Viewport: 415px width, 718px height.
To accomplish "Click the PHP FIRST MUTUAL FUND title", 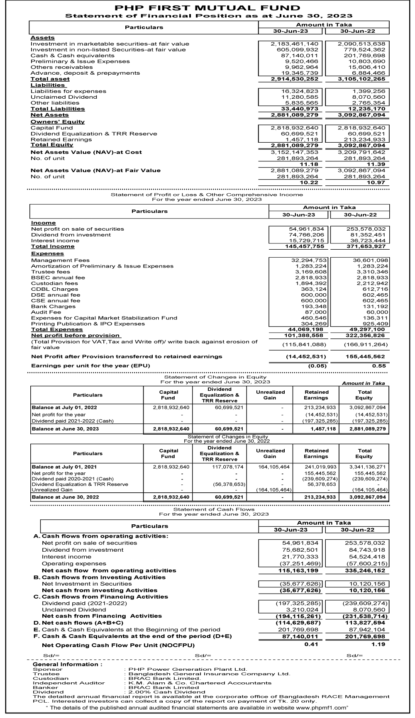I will coord(207,8).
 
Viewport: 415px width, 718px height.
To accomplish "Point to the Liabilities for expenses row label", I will coord(68,91).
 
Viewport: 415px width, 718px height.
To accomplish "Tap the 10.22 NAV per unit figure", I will coord(309,183).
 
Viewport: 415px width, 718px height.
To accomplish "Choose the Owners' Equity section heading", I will coord(58,122).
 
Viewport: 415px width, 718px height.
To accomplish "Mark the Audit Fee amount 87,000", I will coord(315,312).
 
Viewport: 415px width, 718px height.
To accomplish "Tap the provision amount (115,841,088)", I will coord(304,344).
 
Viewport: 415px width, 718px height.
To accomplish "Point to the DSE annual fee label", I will coord(56,295).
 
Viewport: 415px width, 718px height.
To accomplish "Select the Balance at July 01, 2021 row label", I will coord(64,467).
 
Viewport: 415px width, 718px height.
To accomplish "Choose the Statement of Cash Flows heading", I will coord(214,509).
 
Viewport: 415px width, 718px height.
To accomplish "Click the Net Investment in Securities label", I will coord(87,584).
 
